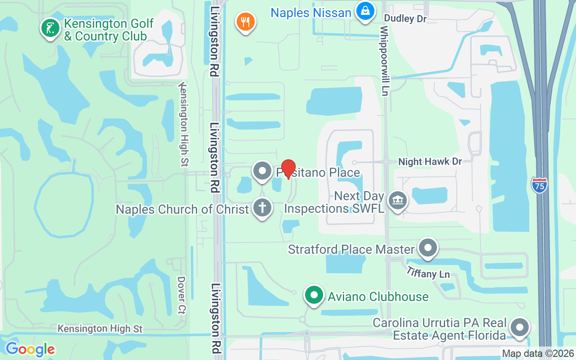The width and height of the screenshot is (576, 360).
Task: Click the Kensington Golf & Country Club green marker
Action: point(50,28)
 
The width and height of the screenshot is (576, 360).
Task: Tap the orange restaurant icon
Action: point(245,21)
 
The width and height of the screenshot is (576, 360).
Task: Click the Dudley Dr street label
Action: point(405,19)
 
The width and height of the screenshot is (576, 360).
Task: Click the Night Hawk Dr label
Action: point(430,162)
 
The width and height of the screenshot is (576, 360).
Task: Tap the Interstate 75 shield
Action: point(539,185)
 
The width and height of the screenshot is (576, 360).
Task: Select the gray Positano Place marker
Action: point(262,171)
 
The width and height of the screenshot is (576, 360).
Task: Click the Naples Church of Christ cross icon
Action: point(262,208)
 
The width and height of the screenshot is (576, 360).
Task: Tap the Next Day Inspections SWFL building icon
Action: point(397,200)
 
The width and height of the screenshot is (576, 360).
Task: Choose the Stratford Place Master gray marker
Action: point(427,247)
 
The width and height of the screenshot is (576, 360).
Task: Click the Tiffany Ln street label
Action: point(428,273)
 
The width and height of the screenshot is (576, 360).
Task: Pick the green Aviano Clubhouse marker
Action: point(314,295)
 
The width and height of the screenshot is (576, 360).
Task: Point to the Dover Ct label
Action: point(181,295)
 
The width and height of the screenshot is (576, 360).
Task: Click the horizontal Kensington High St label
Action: point(100,329)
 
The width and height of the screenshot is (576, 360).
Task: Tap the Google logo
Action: point(30,349)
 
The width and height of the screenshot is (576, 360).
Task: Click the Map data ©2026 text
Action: point(537,354)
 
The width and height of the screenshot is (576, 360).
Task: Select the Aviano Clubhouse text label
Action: point(378,297)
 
